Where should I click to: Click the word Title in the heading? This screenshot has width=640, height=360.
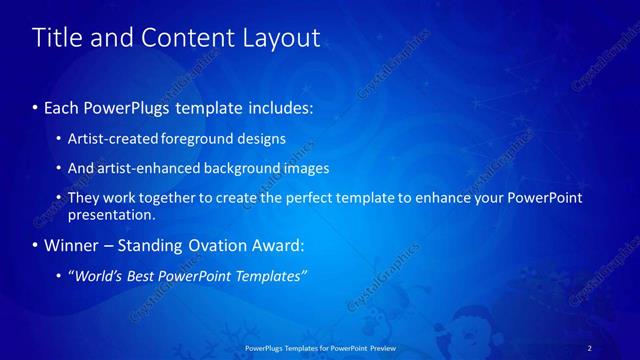click(56, 38)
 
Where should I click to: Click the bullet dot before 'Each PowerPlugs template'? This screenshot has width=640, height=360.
click(37, 105)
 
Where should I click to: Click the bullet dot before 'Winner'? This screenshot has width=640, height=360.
click(37, 245)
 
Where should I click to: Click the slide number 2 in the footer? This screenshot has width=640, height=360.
click(589, 347)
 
